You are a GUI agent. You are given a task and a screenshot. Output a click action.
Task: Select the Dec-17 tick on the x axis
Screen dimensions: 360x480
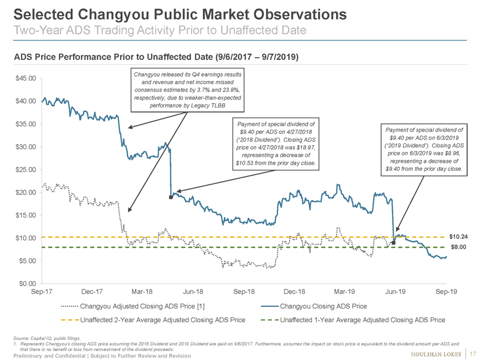click(x=92, y=292)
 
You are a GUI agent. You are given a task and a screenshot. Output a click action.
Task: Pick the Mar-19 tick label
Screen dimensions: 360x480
click(x=345, y=292)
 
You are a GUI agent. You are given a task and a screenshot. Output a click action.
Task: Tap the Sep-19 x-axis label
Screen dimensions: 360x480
click(x=446, y=292)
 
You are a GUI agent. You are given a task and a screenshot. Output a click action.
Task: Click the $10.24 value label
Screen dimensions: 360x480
click(x=458, y=237)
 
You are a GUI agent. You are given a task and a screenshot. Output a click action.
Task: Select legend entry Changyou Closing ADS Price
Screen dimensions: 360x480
click(x=323, y=306)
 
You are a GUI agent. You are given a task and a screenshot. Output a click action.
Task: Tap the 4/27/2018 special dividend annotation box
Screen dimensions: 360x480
click(x=276, y=145)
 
